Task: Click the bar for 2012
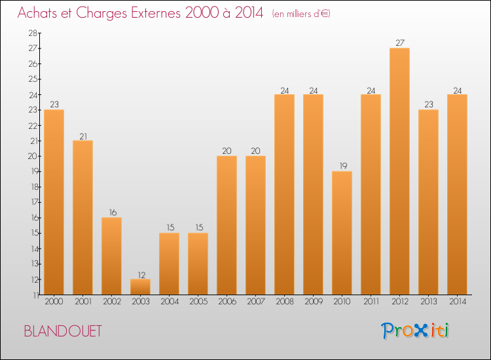[399, 171]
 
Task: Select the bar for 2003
[140, 287]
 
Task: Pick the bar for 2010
[342, 232]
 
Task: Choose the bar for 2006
[227, 225]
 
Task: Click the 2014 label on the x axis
[457, 302]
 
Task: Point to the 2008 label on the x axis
[284, 302]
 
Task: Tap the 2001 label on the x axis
[82, 302]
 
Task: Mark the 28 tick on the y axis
[32, 33]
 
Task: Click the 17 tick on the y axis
[32, 202]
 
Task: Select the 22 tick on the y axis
[32, 125]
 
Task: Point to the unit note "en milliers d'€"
[301, 14]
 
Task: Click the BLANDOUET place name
[63, 331]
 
